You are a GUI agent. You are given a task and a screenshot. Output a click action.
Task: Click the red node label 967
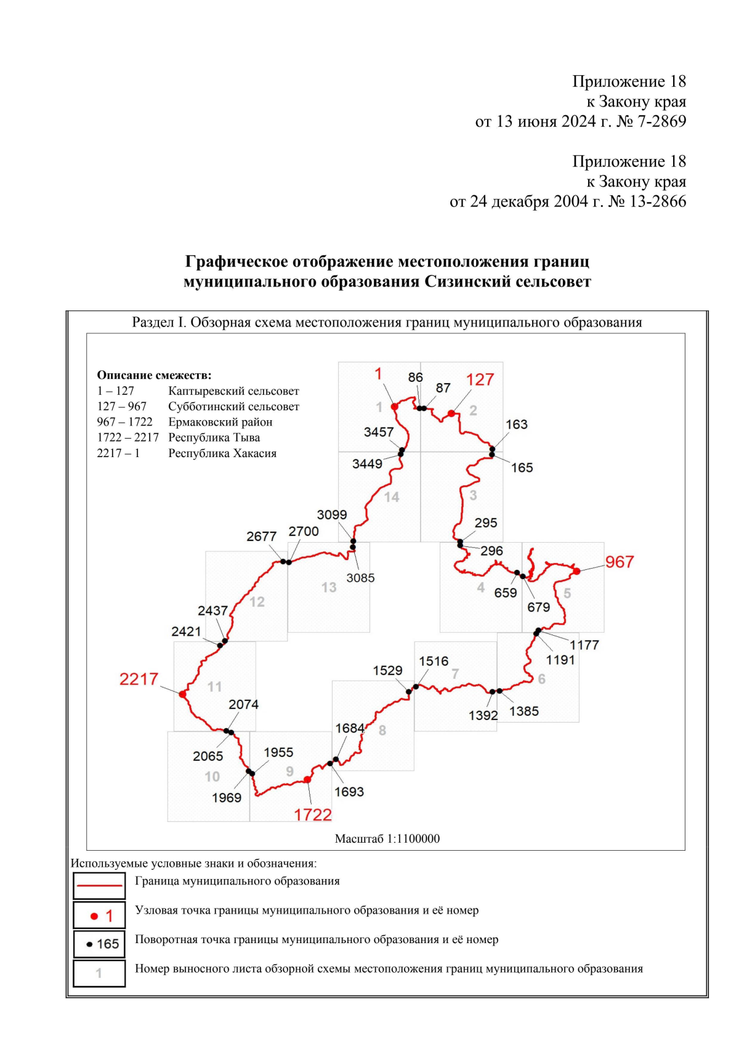point(619,562)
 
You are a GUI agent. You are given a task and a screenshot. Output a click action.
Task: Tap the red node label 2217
point(139,679)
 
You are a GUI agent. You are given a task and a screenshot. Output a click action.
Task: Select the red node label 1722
point(313,814)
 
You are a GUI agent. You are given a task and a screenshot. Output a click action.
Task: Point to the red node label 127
point(480,379)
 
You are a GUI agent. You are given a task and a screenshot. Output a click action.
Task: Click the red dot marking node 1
point(395,407)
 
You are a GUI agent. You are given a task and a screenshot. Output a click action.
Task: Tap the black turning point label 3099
point(331,514)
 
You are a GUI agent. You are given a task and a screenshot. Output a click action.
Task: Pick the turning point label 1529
point(387,670)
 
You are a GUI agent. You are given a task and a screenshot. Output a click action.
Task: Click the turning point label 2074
point(243,704)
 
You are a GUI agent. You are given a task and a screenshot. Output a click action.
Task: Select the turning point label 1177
point(584,645)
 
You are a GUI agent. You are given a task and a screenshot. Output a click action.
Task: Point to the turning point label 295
point(485,522)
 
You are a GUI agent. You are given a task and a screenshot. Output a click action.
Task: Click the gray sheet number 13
point(329,588)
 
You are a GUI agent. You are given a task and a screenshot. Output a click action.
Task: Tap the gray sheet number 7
point(455,674)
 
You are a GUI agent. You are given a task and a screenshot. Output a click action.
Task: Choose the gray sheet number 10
point(212,777)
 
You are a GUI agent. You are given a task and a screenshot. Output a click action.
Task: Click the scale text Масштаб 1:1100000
point(387,838)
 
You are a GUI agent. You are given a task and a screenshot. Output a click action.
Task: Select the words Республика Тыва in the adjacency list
point(214,437)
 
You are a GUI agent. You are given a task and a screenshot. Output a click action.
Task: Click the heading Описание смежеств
point(154,375)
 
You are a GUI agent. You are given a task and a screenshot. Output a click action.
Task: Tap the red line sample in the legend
point(99,885)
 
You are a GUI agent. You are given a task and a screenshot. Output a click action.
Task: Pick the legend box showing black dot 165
point(99,944)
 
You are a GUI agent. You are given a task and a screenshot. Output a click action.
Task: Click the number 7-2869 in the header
point(661,121)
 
